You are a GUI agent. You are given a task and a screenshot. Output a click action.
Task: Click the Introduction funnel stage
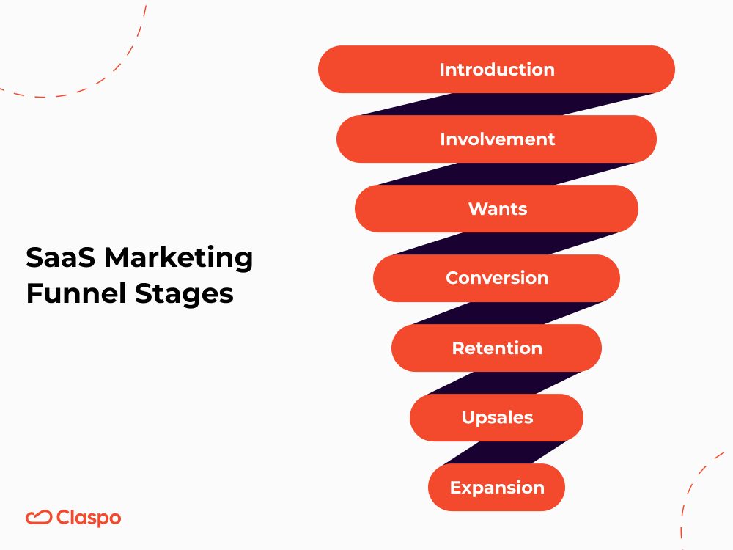pyautogui.click(x=496, y=70)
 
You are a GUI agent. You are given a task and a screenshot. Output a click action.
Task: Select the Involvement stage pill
pyautogui.click(x=496, y=139)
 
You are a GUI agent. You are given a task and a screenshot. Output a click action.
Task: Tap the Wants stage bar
pyautogui.click(x=496, y=209)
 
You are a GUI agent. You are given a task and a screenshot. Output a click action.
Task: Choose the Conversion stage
pyautogui.click(x=496, y=279)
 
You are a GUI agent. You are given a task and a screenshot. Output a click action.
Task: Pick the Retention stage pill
pyautogui.click(x=496, y=348)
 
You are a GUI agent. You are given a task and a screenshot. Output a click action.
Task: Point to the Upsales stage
pyautogui.click(x=496, y=418)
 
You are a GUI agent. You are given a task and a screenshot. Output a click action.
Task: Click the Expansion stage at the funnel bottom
pyautogui.click(x=496, y=488)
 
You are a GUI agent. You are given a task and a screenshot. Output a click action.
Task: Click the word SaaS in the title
pyautogui.click(x=61, y=258)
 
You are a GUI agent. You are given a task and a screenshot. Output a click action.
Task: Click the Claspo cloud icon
pyautogui.click(x=38, y=518)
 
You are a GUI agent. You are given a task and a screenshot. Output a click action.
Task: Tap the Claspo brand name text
pyautogui.click(x=89, y=518)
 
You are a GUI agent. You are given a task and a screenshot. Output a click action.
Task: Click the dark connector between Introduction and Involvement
pyautogui.click(x=506, y=104)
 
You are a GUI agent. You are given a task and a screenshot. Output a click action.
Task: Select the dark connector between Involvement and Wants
pyautogui.click(x=506, y=174)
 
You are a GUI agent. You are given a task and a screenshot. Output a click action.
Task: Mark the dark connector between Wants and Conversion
pyautogui.click(x=506, y=243)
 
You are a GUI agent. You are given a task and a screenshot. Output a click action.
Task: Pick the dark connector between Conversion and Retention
pyautogui.click(x=506, y=313)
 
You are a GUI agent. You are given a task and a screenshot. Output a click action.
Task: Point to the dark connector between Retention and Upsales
pyautogui.click(x=506, y=383)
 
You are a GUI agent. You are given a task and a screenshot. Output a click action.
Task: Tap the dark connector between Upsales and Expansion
pyautogui.click(x=506, y=452)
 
